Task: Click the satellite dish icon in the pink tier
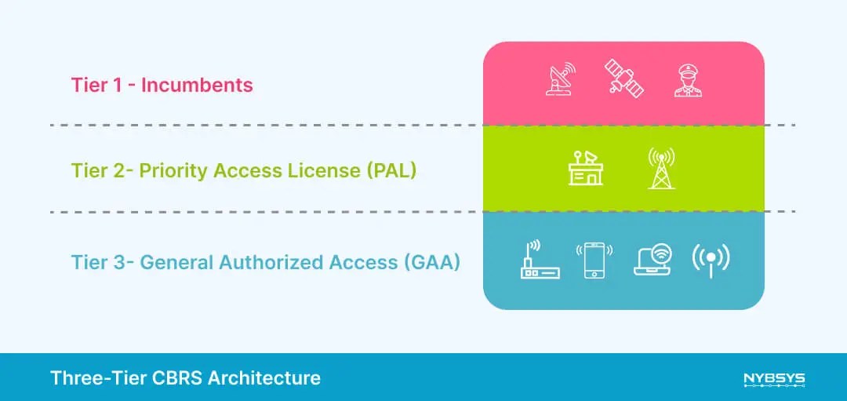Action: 559,79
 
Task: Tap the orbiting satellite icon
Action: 623,78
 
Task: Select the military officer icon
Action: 688,79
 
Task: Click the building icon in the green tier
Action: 586,167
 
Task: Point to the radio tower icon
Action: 661,167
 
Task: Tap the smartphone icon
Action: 594,260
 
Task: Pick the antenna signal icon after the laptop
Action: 711,260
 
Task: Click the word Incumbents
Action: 197,85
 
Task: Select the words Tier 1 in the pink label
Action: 96,85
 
